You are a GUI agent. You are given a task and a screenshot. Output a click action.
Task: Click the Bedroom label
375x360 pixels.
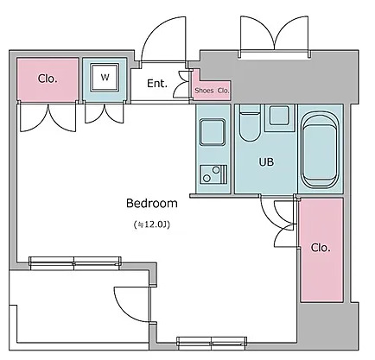pyautogui.click(x=152, y=203)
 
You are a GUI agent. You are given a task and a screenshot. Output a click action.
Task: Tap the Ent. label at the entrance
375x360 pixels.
pyautogui.click(x=157, y=84)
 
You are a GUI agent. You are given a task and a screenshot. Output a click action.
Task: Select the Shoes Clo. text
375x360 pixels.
pyautogui.click(x=212, y=91)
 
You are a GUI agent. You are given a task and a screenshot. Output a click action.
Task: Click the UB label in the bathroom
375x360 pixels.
pyautogui.click(x=266, y=162)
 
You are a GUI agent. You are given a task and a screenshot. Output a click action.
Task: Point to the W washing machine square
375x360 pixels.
pyautogui.click(x=105, y=78)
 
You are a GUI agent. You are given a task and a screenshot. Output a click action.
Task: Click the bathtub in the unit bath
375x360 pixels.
pyautogui.click(x=320, y=149)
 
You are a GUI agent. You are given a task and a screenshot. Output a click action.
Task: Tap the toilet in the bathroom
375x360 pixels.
pyautogui.click(x=250, y=123)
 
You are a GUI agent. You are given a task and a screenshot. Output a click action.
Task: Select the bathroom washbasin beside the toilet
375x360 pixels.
pyautogui.click(x=279, y=115)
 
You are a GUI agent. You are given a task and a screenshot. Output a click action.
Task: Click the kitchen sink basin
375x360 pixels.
pyautogui.click(x=213, y=132)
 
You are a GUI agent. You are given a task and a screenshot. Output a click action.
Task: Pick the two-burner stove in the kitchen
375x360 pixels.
pyautogui.click(x=213, y=174)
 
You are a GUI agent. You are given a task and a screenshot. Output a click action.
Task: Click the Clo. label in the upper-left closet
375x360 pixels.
pyautogui.click(x=48, y=79)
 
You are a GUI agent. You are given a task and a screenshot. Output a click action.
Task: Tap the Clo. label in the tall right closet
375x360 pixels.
pyautogui.click(x=321, y=248)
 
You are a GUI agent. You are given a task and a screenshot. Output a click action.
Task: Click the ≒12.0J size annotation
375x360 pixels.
pyautogui.click(x=152, y=224)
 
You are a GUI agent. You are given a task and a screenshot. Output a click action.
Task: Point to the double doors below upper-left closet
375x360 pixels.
pyautogui.click(x=48, y=117)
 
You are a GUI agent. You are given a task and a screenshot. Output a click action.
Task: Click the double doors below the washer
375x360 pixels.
pyautogui.click(x=105, y=113)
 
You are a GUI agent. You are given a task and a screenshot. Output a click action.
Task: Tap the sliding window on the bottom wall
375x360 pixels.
pyautogui.click(x=212, y=343)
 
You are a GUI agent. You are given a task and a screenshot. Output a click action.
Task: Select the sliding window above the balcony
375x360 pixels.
pyautogui.click(x=75, y=263)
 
